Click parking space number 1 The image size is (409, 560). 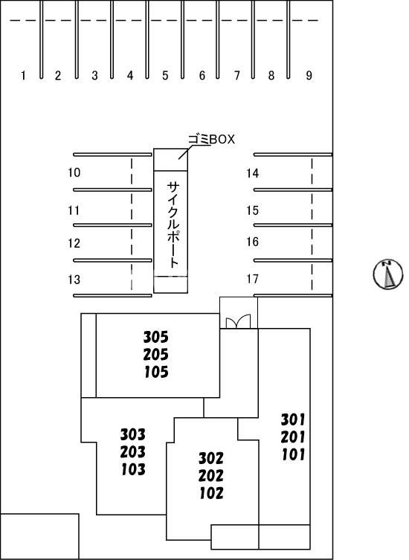pyautogui.click(x=23, y=75)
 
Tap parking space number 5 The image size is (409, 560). pyautogui.click(x=165, y=75)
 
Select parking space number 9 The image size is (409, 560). pyautogui.click(x=309, y=75)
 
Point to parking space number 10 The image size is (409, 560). pyautogui.click(x=74, y=173)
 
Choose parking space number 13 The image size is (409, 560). pyautogui.click(x=74, y=280)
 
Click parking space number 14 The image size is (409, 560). pyautogui.click(x=252, y=173)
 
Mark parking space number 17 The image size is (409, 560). pyautogui.click(x=252, y=279)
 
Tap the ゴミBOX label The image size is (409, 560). pyautogui.click(x=211, y=139)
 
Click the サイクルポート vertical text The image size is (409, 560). pyautogui.click(x=173, y=225)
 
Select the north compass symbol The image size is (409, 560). pyautogui.click(x=388, y=274)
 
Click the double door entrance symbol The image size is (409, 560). pyautogui.click(x=238, y=321)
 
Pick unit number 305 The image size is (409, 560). pyautogui.click(x=155, y=337)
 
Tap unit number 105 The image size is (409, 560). pyautogui.click(x=156, y=372)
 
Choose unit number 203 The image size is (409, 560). pyautogui.click(x=132, y=451)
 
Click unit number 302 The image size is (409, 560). pyautogui.click(x=211, y=458)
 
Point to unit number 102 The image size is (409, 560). pyautogui.click(x=211, y=493)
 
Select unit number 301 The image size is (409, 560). pyautogui.click(x=293, y=419)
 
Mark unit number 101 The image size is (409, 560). pyautogui.click(x=293, y=454)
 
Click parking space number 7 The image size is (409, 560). pyautogui.click(x=236, y=75)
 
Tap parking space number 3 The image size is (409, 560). pyautogui.click(x=94, y=75)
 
